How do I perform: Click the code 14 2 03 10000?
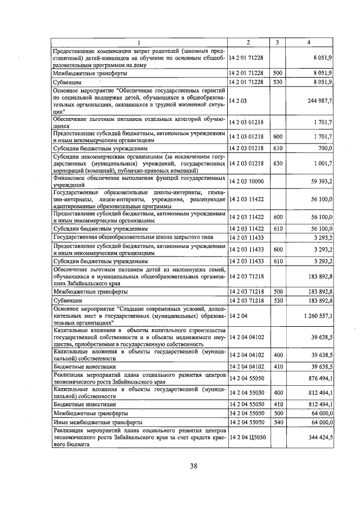[248, 181]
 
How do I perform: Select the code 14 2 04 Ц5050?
[248, 436]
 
